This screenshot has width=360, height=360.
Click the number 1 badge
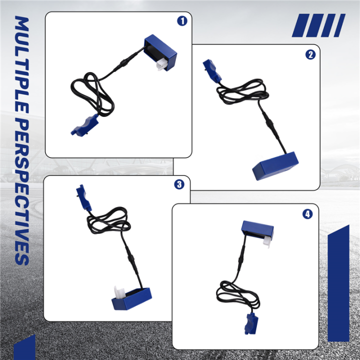point(182,21)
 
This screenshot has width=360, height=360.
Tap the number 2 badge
point(310,54)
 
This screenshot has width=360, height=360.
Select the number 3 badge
point(179,184)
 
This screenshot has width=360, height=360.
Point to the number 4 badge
point(307,214)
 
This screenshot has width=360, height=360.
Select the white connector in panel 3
point(119,292)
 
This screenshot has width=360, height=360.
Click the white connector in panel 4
point(266,241)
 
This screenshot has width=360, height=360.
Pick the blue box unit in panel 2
point(275,166)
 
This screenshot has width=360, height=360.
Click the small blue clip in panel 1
point(84,125)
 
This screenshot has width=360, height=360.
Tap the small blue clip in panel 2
point(212,70)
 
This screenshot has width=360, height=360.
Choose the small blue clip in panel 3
point(84,197)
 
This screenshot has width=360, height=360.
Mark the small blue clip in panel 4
point(251,323)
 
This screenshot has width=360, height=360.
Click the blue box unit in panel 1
point(160,52)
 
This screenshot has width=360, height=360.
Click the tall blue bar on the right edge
point(338,283)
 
